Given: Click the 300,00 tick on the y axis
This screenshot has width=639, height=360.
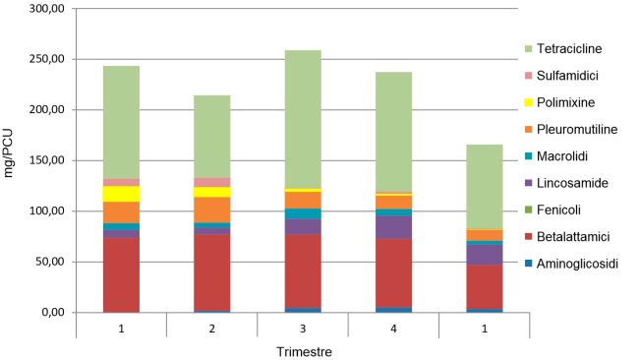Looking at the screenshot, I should click(x=45, y=9).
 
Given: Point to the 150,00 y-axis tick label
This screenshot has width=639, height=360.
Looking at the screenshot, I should click(x=45, y=160).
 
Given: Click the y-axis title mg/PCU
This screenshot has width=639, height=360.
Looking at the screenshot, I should click(x=11, y=160).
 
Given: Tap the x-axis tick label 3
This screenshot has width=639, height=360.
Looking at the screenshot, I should click(x=302, y=326).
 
